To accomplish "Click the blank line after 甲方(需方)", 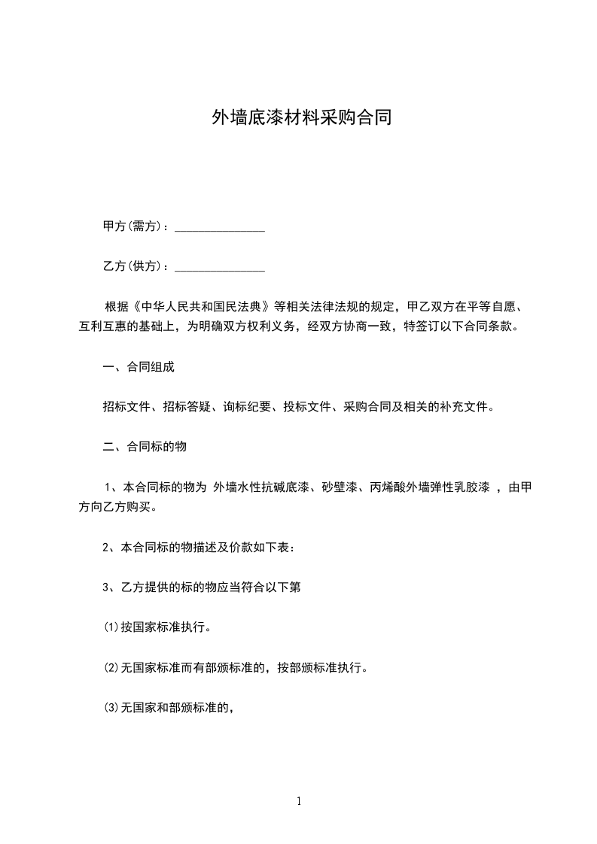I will [220, 227].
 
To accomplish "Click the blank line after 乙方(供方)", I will [220, 267].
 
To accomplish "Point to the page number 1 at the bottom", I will [299, 801].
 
